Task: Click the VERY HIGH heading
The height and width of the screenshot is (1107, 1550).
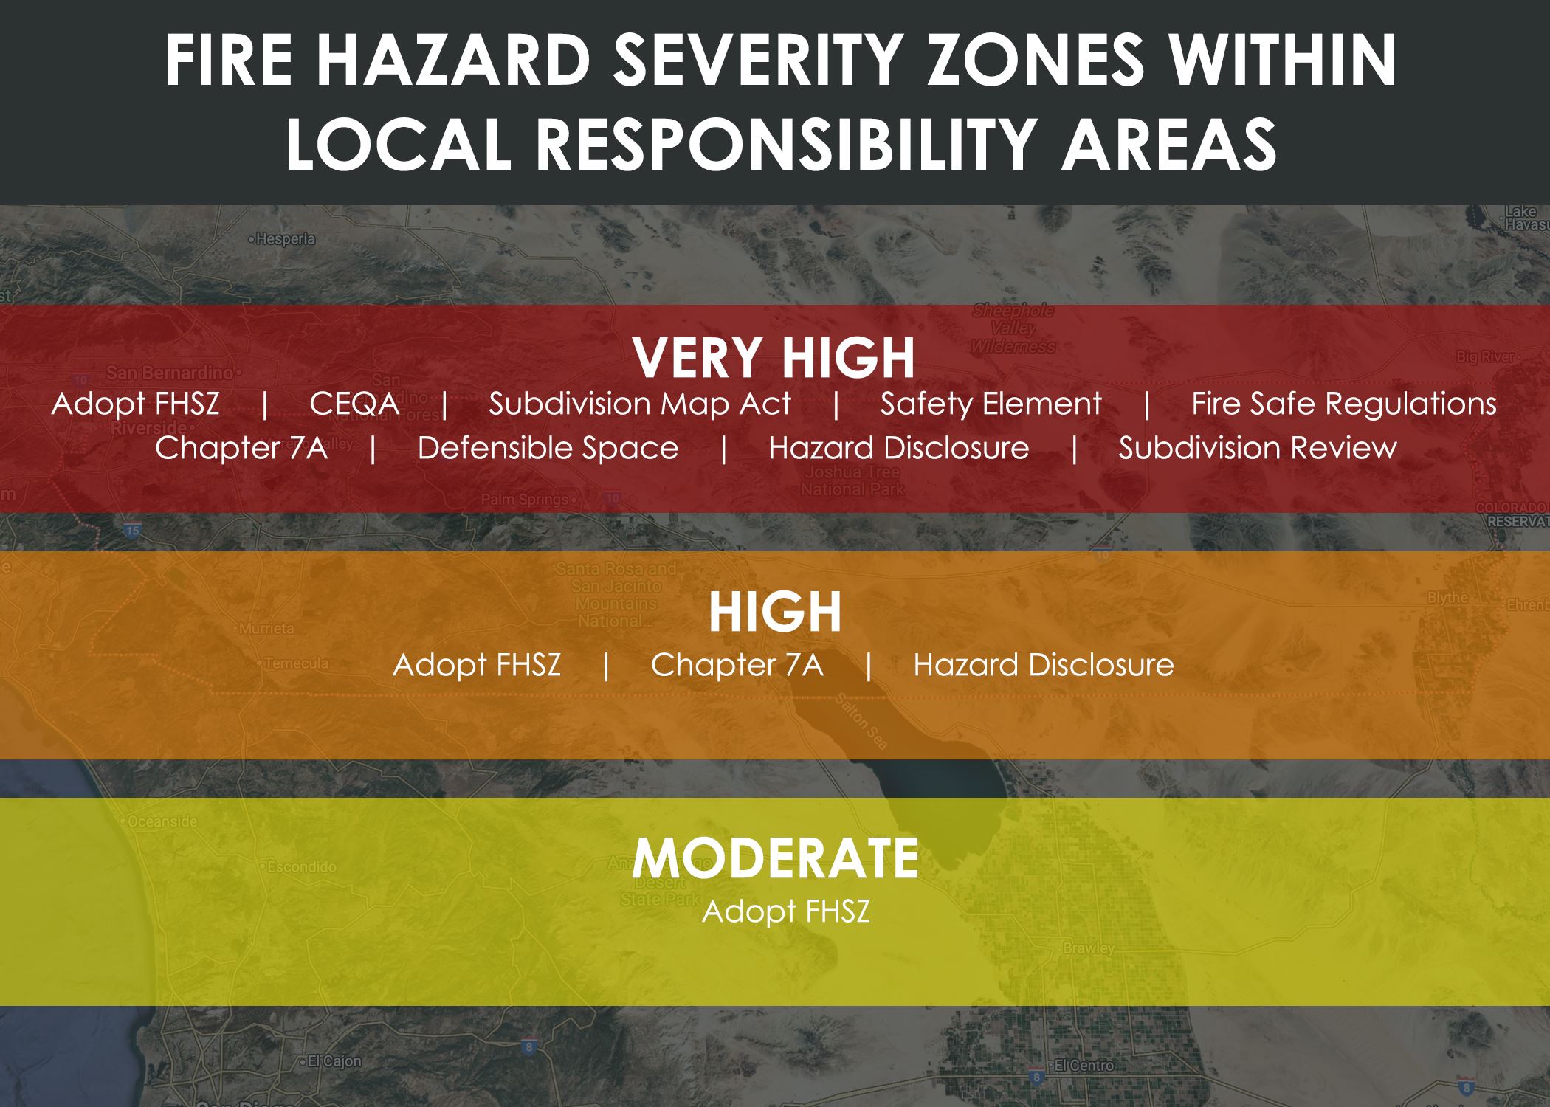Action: point(774,358)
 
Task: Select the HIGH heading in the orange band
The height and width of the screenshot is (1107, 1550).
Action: point(775,613)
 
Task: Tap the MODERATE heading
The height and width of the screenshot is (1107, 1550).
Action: point(775,858)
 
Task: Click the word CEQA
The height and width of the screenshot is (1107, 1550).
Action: point(354,404)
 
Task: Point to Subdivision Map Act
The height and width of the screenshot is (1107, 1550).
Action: point(639,404)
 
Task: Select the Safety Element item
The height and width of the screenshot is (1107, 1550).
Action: point(991,404)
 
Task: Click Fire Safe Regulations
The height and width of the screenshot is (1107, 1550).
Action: point(1343,404)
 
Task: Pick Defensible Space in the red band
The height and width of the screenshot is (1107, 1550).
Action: point(548,448)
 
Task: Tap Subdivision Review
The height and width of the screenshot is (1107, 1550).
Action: point(1257,448)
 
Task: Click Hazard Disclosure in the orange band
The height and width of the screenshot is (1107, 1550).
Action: point(1043,665)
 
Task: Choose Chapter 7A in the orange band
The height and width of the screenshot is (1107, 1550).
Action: point(737,665)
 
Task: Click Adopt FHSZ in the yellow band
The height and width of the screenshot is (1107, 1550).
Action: point(785,911)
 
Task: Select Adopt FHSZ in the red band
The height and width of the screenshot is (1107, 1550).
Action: point(136,404)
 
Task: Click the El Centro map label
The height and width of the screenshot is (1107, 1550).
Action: point(1084,1065)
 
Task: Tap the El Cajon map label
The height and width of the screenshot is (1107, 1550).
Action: point(334,1061)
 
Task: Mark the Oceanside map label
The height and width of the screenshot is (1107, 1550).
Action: point(162,821)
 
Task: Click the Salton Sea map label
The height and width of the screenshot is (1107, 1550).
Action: point(861,722)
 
